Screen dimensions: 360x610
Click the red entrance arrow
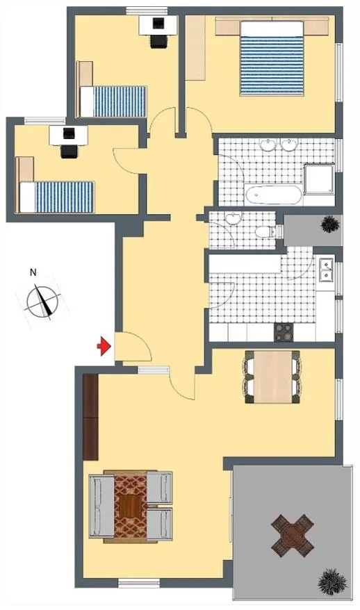[x=104, y=346]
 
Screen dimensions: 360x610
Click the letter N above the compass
[x=33, y=272]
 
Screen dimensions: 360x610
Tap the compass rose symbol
[x=43, y=302]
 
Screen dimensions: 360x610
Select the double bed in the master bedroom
[x=272, y=58]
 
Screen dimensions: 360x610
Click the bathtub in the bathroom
[x=273, y=195]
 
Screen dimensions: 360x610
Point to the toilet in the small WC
[x=265, y=231]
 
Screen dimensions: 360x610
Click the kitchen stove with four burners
[x=284, y=332]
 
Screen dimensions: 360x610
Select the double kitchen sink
[x=326, y=269]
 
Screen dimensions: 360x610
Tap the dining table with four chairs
[x=273, y=377]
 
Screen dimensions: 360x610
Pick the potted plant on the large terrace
[x=332, y=582]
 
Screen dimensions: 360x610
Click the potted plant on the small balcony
[x=330, y=224]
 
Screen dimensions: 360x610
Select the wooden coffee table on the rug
[x=130, y=506]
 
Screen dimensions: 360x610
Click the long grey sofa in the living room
[x=101, y=505]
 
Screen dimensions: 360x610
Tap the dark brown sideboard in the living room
[x=90, y=418]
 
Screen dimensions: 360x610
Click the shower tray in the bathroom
[x=319, y=179]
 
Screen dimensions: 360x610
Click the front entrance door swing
[x=134, y=346]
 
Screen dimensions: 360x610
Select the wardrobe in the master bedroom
[x=195, y=48]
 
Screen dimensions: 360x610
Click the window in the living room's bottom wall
[x=139, y=583]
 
